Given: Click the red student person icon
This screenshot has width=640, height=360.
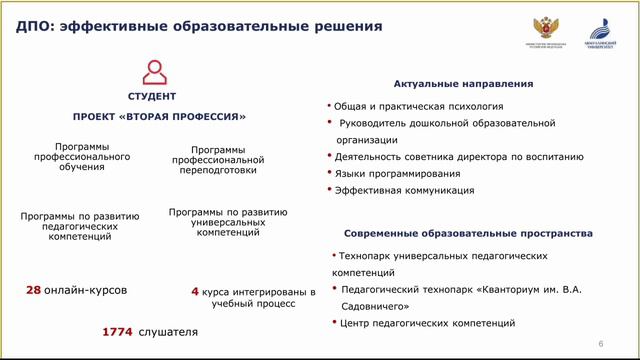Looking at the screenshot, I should click(154, 73).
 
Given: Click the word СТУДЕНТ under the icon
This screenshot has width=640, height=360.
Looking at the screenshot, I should click(152, 97).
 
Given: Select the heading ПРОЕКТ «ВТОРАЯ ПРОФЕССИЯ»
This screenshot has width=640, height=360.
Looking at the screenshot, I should click(159, 116).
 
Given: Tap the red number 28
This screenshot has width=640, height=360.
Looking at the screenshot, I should click(33, 291).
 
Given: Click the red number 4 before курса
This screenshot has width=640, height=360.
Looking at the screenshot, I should click(195, 292).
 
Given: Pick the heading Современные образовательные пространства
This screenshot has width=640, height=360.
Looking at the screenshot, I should click(468, 233).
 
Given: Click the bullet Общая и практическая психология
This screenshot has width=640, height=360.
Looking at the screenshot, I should click(419, 106).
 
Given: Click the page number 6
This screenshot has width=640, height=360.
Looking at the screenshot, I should click(600, 344).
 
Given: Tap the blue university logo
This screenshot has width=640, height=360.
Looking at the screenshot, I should click(597, 27).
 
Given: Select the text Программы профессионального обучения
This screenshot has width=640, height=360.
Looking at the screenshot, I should click(82, 157).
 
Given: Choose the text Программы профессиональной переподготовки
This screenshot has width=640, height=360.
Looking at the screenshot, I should click(218, 160).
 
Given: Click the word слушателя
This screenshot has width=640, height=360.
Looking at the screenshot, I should click(168, 331).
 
